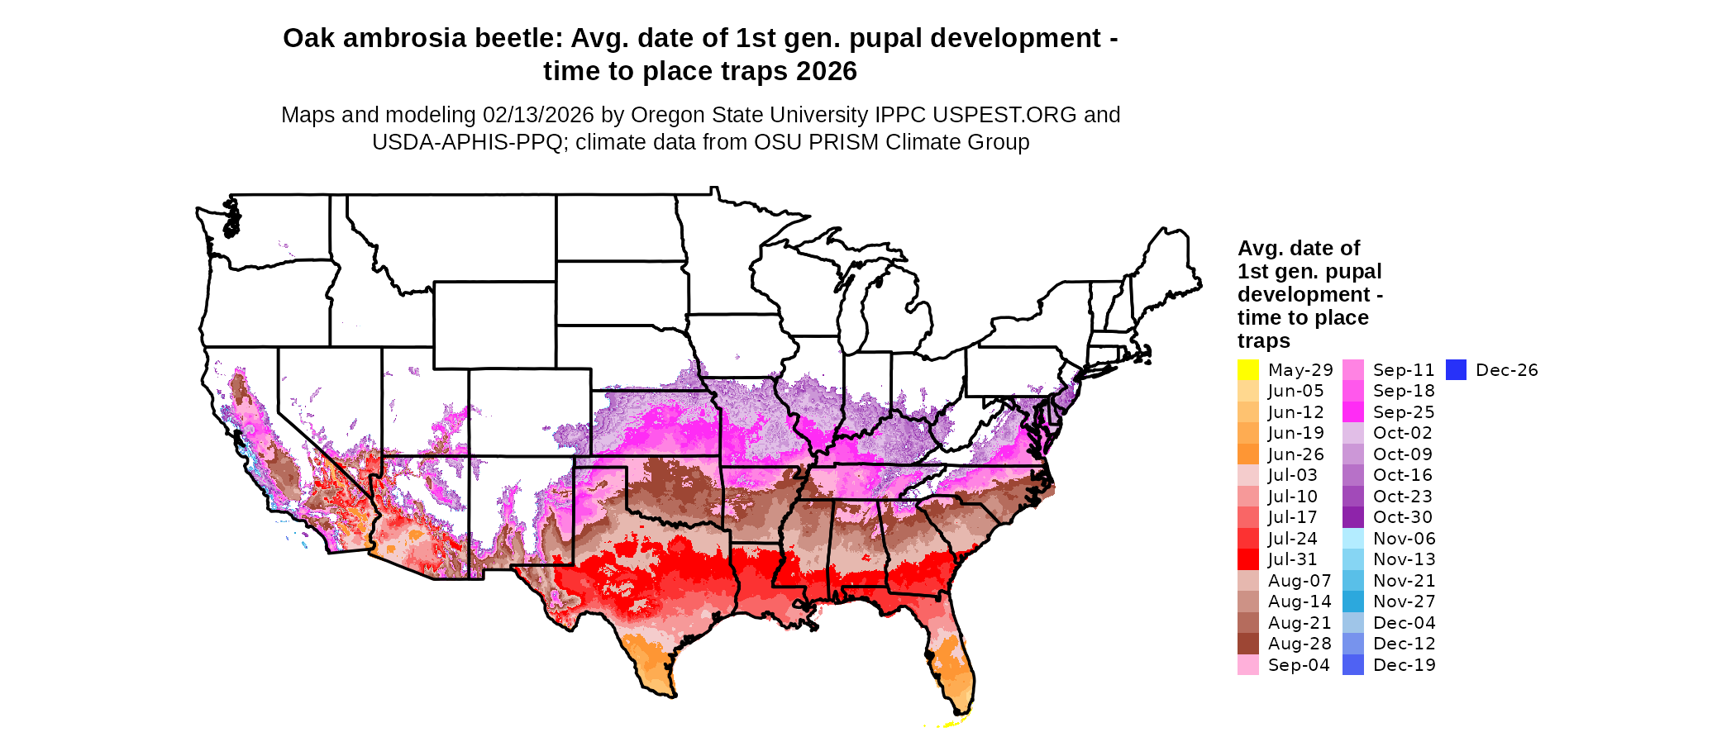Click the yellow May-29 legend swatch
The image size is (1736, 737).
click(x=1248, y=370)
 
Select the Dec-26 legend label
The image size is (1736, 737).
click(x=1506, y=370)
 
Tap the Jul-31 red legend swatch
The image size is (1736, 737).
click(x=1248, y=559)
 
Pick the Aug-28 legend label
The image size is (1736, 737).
click(x=1300, y=644)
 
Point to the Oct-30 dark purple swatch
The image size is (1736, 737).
click(x=1353, y=517)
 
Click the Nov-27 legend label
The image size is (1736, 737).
click(x=1405, y=601)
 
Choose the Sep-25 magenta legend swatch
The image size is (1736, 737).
click(x=1353, y=412)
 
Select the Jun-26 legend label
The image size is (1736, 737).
click(x=1295, y=454)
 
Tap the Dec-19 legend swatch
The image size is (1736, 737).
click(x=1353, y=665)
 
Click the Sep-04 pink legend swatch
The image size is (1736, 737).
click(x=1248, y=665)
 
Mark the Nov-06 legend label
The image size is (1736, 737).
click(x=1405, y=539)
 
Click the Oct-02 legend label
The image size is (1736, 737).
click(x=1403, y=433)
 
